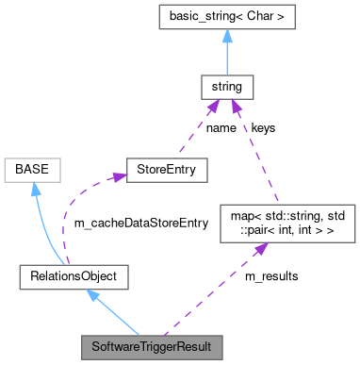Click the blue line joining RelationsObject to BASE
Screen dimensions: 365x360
pyautogui.click(x=48, y=226)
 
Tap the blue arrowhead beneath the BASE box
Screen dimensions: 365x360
pyautogui.click(x=35, y=191)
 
